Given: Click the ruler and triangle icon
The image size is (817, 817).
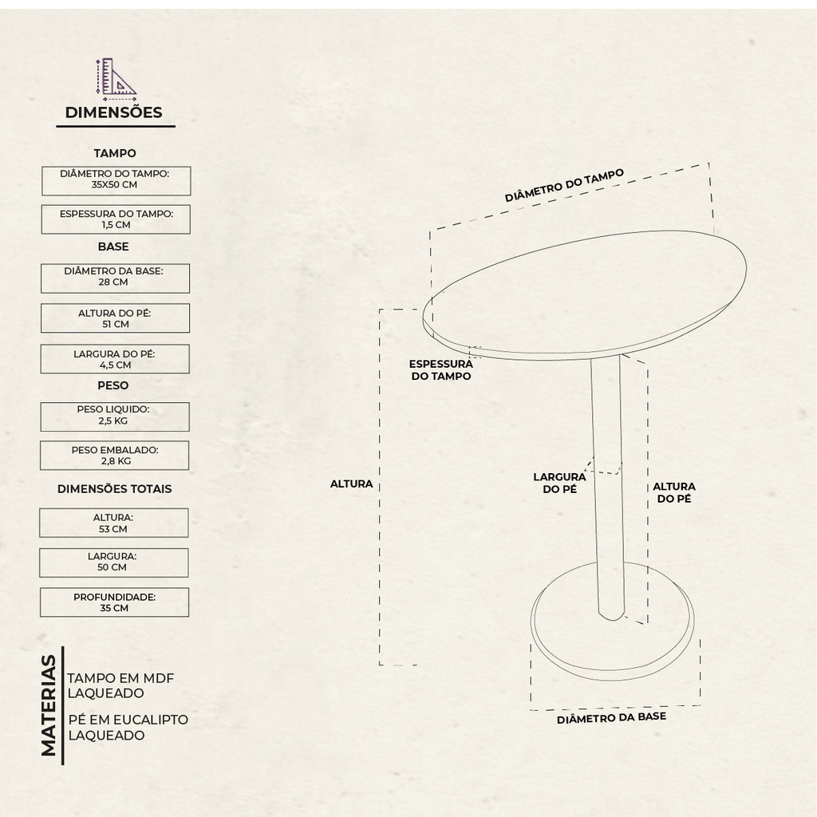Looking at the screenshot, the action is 116,79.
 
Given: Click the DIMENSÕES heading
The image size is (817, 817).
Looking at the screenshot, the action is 113,112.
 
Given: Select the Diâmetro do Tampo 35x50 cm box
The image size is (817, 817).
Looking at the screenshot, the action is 116,181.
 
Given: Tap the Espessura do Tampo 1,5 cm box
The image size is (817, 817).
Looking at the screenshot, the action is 116,219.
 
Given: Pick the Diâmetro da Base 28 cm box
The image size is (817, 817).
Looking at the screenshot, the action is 115,278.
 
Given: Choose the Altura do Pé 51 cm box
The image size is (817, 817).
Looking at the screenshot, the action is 115,318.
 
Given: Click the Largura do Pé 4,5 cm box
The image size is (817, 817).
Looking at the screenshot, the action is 115,359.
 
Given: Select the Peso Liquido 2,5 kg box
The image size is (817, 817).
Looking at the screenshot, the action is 115,416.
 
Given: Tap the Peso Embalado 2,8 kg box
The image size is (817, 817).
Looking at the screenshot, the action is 115,456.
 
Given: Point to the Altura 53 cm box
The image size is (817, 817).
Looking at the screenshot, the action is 113,523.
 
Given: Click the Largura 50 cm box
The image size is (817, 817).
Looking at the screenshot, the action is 113,562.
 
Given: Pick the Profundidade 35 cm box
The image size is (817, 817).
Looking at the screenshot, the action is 114,602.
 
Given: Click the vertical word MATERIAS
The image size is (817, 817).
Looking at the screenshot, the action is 49,705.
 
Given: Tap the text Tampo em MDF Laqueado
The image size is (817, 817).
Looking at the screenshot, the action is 120,685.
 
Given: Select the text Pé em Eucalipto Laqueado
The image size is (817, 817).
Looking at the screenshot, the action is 128,728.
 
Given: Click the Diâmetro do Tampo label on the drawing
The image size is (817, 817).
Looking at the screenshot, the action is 564,185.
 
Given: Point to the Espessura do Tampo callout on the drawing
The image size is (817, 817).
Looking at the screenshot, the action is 440,370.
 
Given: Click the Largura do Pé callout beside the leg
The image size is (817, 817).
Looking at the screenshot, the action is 559,483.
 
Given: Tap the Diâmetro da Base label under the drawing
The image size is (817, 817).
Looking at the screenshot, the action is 612,718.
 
